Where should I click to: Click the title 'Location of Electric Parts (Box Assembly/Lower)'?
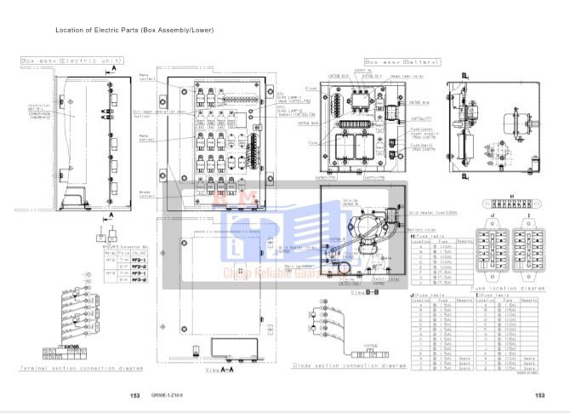tap(134, 31)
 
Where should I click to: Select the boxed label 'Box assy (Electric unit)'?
tap(72, 61)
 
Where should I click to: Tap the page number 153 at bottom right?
tap(539, 396)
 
